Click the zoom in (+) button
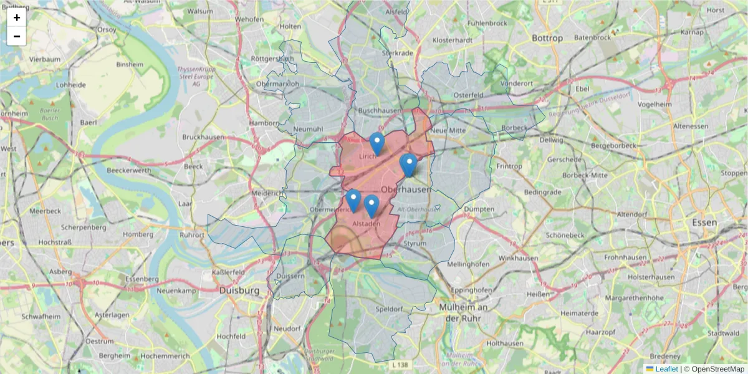pos(17,17)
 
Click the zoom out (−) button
pos(17,36)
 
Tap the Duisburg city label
pos(239,290)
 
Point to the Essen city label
pos(704,223)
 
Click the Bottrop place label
pos(547,38)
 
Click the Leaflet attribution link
pos(666,369)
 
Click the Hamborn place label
pos(264,123)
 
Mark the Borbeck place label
pos(514,128)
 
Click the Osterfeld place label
pos(469,95)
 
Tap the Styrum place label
pos(415,243)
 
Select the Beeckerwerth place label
pos(129,170)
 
